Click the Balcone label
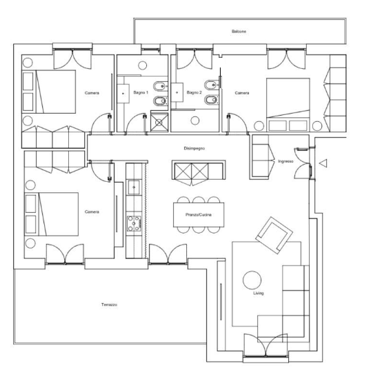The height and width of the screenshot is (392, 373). coord(239,31)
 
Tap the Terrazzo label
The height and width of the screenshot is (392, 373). coord(109,305)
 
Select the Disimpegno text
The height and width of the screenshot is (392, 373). coord(194,148)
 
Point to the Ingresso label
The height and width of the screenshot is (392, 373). coord(285,161)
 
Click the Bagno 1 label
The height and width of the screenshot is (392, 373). coord(141,92)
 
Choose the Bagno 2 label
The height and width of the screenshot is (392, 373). coord(194,92)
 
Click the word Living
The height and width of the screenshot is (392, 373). coord(258,293)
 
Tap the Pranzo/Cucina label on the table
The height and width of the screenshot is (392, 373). coord(199,214)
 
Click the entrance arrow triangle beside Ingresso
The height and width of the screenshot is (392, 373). coord(323,163)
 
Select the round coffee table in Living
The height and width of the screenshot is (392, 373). coord(252,280)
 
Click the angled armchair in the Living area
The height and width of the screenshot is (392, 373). coord(274,236)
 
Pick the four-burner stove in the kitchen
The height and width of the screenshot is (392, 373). coord(134,223)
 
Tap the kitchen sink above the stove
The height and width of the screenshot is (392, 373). coord(134,187)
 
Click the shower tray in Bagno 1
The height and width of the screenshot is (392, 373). coord(159,122)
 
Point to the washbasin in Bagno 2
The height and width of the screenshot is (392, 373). coord(177,92)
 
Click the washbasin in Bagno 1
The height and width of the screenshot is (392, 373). coord(123,94)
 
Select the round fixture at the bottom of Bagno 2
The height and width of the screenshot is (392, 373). coord(195,121)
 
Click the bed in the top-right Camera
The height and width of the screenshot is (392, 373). coord(288,105)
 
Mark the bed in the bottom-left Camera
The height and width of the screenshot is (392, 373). coord(52,214)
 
